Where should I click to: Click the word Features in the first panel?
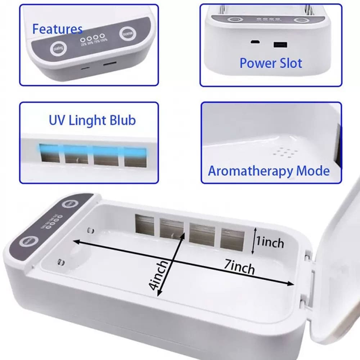(x=57, y=29)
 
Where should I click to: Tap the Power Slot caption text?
(x=271, y=63)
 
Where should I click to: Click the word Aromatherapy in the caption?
(x=251, y=171)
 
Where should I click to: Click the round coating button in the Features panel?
(x=58, y=48)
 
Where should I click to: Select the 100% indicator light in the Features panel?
(x=102, y=37)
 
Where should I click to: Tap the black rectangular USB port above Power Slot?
(x=280, y=45)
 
